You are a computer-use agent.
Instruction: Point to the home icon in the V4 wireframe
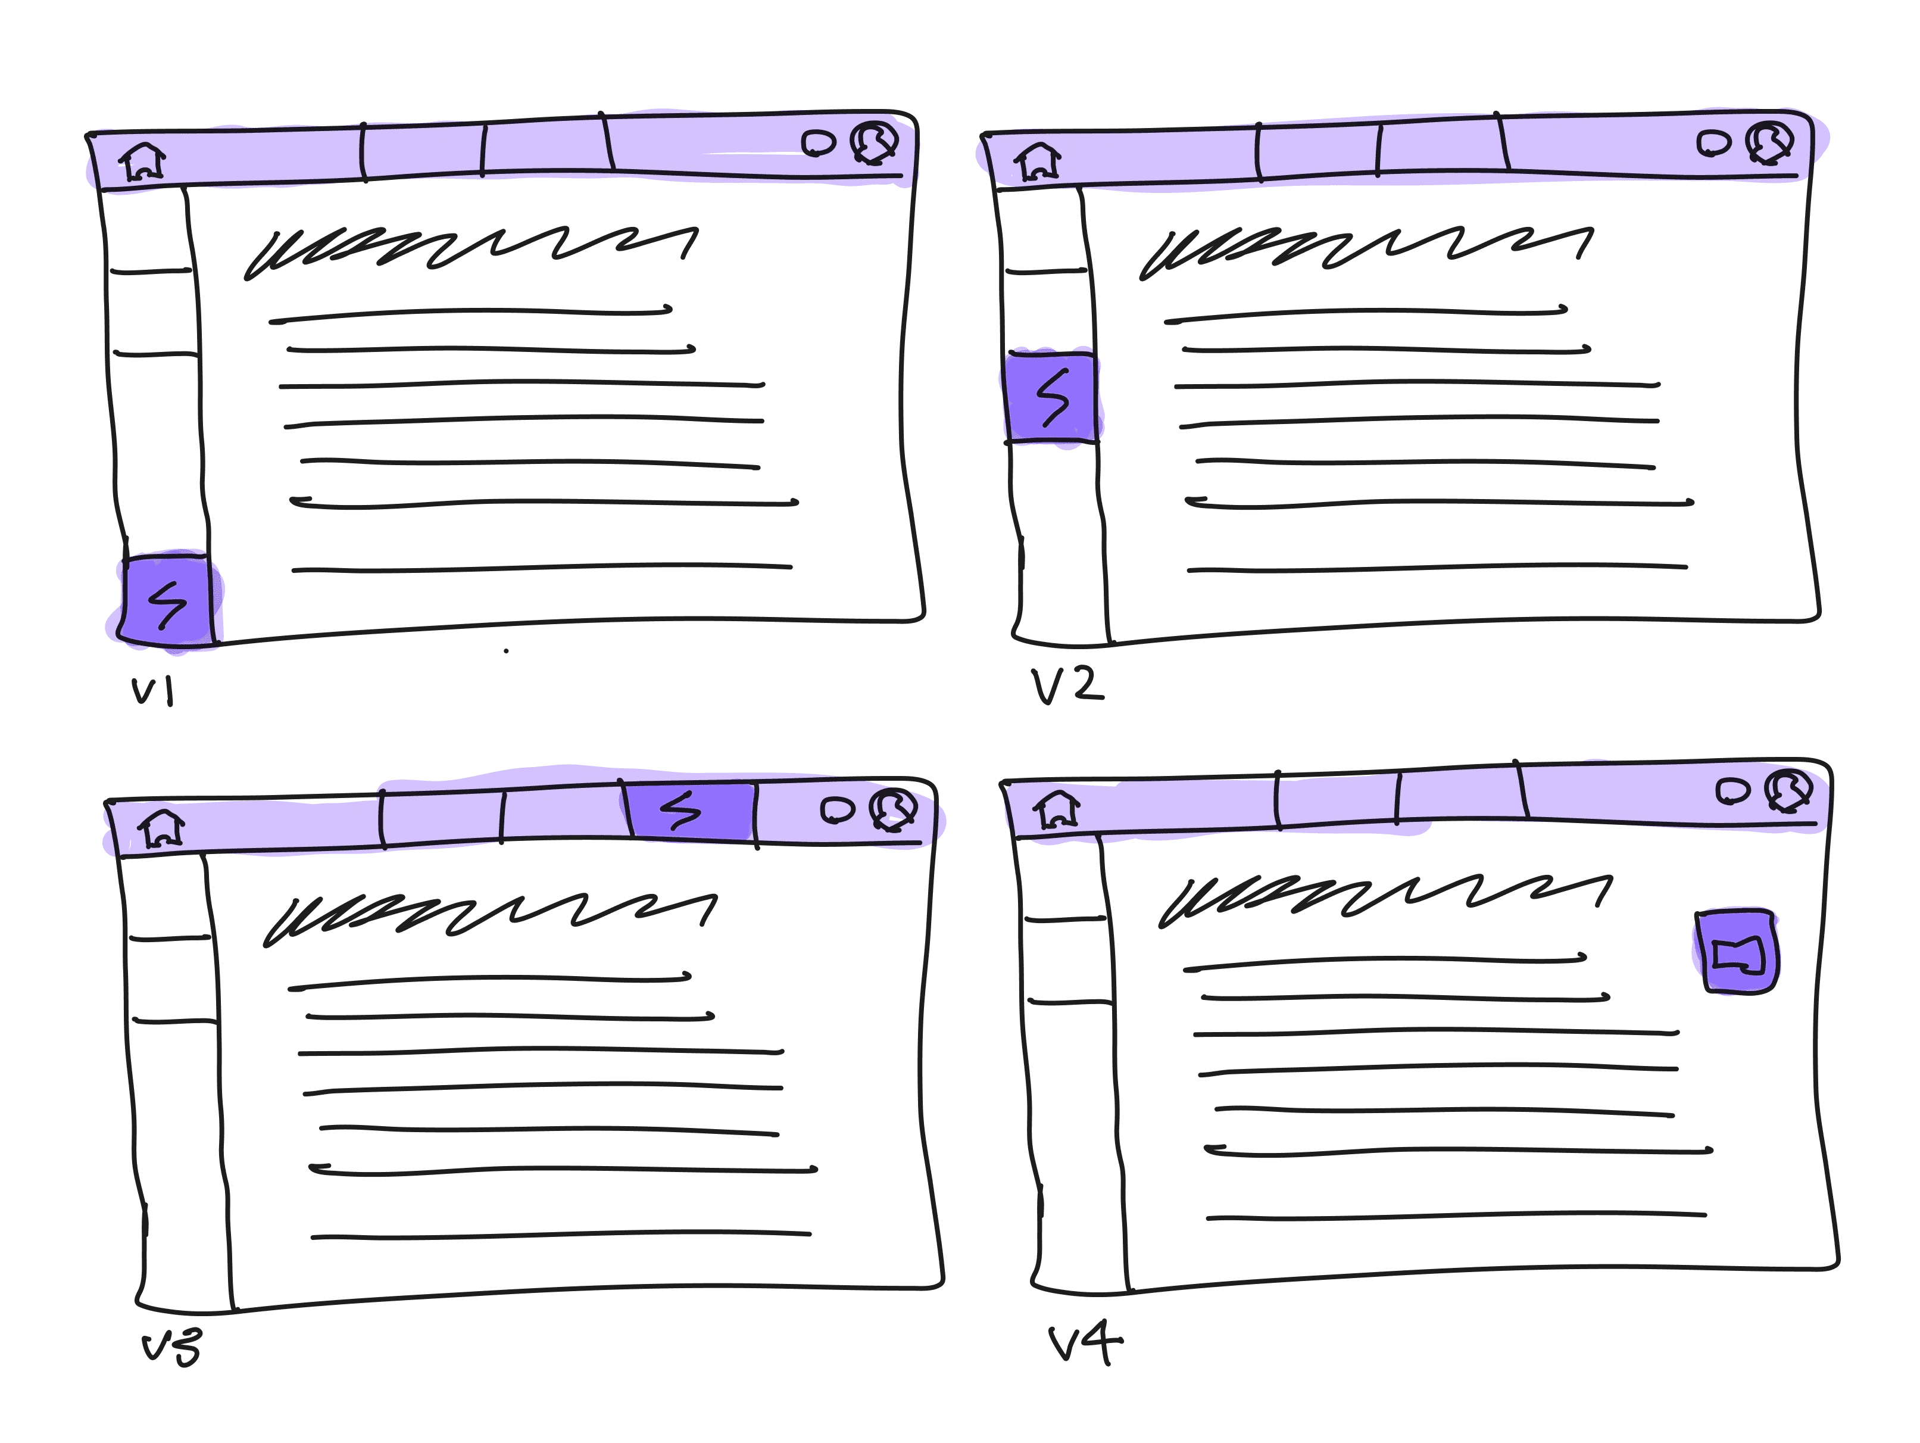1056,809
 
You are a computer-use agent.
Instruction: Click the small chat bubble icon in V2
1713,144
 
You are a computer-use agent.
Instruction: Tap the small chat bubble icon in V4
1732,790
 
